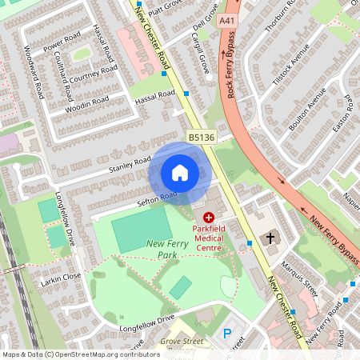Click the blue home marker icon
point(180,172)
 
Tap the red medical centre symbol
point(209,217)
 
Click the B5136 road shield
point(201,138)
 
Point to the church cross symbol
point(270,238)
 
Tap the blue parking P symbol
point(226,333)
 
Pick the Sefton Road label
point(158,198)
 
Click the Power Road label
point(62,42)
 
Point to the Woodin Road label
point(86,103)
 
